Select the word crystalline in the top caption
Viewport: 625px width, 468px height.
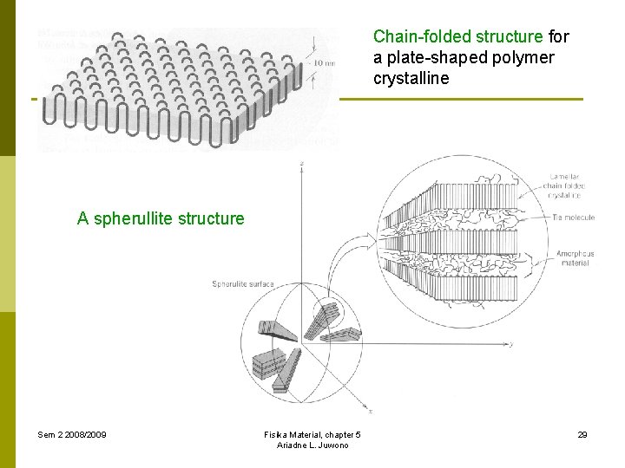point(411,79)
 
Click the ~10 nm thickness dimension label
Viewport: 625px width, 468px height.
point(323,63)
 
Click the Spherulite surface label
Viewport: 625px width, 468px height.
point(243,284)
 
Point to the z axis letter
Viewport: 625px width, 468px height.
point(300,162)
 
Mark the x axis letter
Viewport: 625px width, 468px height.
point(370,412)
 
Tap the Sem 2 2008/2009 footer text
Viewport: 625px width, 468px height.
point(72,434)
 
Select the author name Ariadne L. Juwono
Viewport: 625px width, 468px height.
point(312,445)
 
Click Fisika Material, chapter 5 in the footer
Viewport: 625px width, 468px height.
point(312,434)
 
